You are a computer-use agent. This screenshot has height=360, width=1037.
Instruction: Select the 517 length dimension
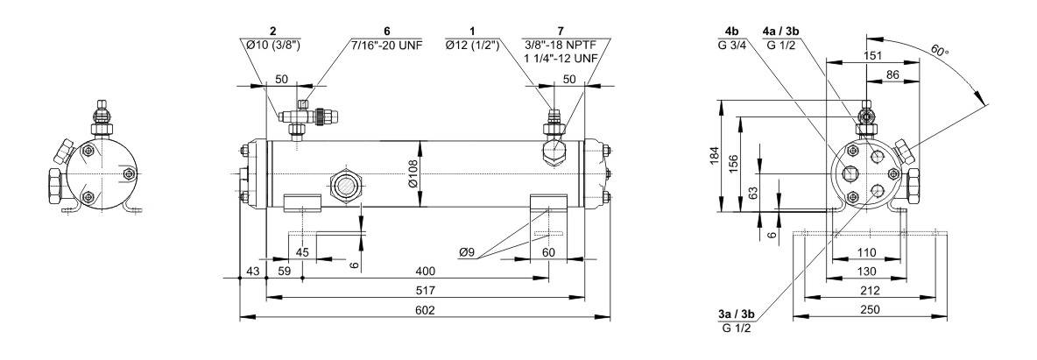click(x=426, y=291)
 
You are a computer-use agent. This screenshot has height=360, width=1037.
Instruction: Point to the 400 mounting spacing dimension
click(x=426, y=272)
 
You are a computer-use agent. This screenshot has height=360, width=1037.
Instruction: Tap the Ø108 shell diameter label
click(x=414, y=173)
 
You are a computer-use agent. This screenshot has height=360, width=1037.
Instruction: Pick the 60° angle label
click(x=940, y=50)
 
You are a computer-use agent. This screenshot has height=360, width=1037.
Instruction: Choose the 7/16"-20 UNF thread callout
click(x=386, y=45)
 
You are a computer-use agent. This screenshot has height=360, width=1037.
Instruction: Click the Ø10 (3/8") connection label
click(x=272, y=45)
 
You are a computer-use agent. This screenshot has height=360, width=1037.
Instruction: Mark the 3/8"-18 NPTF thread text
click(x=561, y=45)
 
